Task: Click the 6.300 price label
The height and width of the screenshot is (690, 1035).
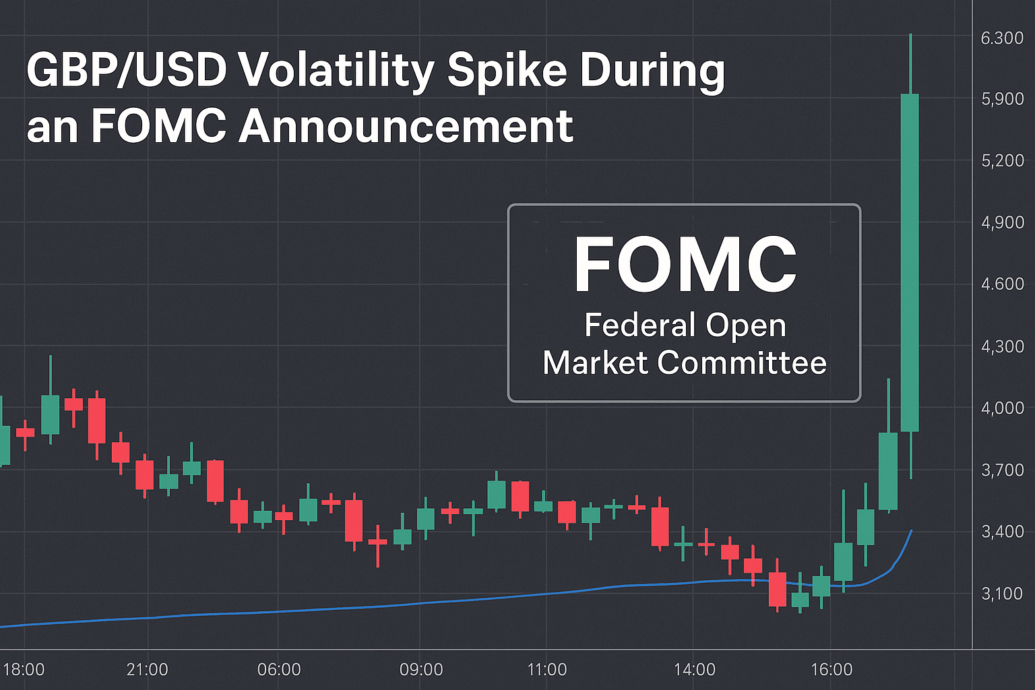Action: pos(1002,38)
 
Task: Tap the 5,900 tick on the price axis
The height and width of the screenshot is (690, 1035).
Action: pos(1002,99)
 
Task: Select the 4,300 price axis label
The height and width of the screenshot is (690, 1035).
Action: pos(1002,346)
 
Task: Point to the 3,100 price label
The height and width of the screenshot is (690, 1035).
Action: pos(1002,594)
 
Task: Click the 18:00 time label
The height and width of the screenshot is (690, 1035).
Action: pos(24,669)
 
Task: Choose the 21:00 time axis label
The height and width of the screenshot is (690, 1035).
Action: pos(147,669)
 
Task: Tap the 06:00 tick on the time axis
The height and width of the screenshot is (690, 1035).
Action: pos(279,669)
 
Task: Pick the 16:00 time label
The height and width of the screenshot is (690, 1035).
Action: pos(832,669)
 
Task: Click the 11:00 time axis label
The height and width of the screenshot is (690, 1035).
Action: pos(546,669)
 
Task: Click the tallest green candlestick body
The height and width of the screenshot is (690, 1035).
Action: pos(910,263)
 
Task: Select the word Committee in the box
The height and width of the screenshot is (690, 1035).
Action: pos(741,363)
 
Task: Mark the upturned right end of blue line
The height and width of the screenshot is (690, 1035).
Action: pos(910,532)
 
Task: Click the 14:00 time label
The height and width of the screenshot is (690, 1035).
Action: pos(694,669)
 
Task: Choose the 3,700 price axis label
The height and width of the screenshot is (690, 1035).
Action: pos(1002,470)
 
